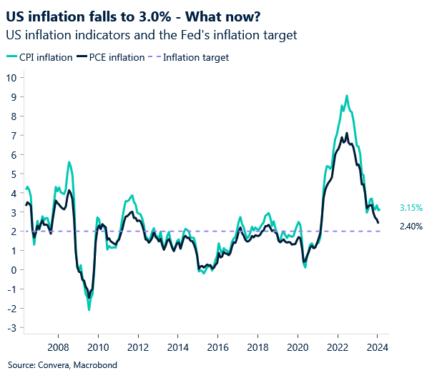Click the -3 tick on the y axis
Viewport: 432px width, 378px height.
coord(11,328)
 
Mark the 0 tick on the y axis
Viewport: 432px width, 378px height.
coord(13,270)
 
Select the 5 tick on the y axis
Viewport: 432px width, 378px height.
coord(13,174)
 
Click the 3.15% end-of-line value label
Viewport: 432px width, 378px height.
coord(409,208)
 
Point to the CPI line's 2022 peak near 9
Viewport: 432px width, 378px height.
coord(347,96)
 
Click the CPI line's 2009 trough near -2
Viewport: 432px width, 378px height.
coord(89,309)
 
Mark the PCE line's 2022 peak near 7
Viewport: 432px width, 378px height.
coord(347,134)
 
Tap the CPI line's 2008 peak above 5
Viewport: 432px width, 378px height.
coord(69,162)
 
